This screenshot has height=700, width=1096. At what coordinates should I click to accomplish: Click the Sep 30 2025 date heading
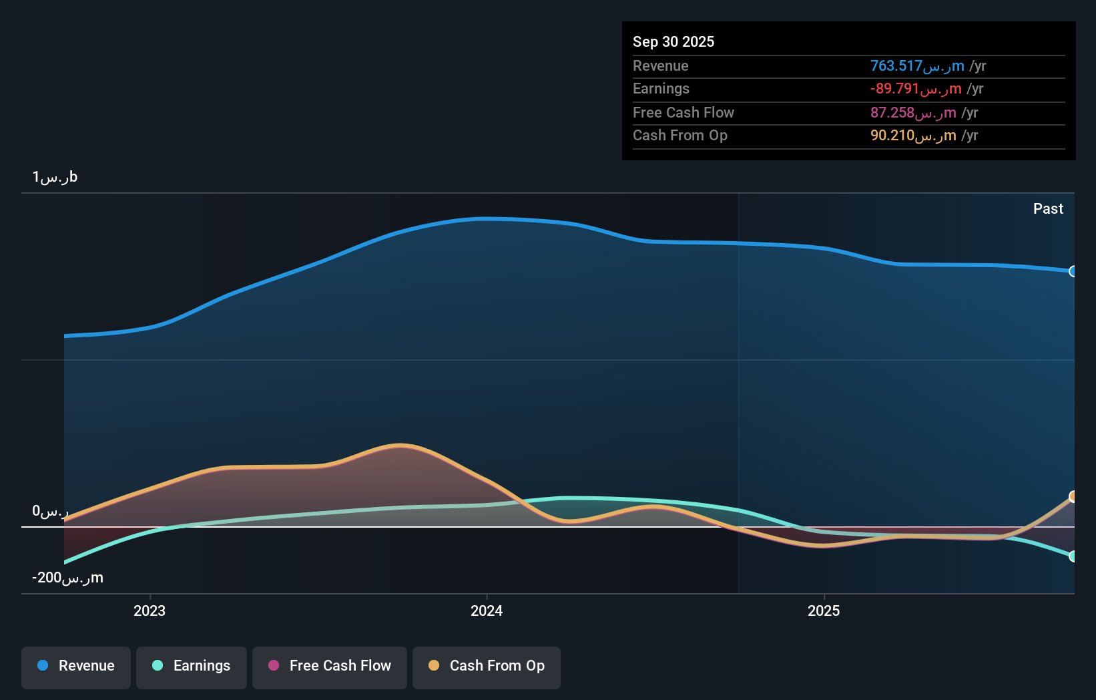(x=673, y=41)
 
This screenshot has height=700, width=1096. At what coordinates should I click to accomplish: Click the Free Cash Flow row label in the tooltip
(x=683, y=112)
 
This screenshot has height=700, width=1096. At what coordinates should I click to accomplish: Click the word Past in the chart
(x=1047, y=208)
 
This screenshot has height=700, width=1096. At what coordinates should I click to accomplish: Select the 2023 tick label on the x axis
(x=150, y=610)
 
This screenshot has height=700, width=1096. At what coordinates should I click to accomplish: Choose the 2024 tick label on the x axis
(x=487, y=610)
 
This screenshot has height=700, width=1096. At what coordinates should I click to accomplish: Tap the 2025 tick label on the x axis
(x=824, y=610)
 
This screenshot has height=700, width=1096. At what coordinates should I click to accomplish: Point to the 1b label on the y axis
(x=55, y=177)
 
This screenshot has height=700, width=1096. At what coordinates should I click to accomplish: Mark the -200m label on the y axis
(x=67, y=578)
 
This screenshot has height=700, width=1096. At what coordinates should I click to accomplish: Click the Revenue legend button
(x=76, y=666)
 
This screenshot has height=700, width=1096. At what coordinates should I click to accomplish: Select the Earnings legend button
(x=192, y=666)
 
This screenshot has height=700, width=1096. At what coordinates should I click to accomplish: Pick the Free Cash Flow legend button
(x=330, y=666)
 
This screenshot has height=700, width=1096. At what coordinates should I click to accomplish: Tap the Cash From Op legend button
(x=487, y=666)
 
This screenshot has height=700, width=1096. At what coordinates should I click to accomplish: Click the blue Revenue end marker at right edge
(x=1073, y=271)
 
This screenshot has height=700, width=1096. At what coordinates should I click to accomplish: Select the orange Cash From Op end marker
(x=1073, y=496)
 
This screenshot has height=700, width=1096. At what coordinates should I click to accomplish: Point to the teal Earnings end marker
(x=1073, y=556)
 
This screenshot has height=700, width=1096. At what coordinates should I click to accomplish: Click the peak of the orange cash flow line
(x=399, y=445)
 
